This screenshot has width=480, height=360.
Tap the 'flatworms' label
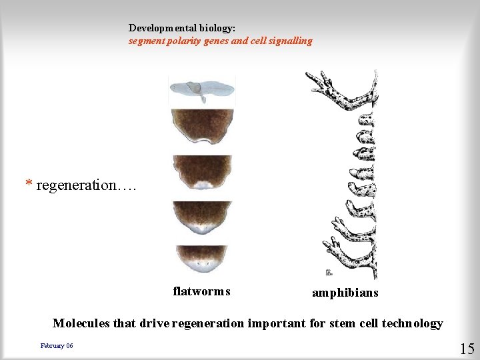coord(201,291)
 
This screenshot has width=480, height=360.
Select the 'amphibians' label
coord(345,293)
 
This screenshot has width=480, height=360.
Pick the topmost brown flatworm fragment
coord(201,127)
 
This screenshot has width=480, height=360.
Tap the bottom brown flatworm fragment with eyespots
coord(201,259)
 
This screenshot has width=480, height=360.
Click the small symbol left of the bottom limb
coord(328,272)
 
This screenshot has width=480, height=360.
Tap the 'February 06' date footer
coord(57,345)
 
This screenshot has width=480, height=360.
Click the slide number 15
coord(467,348)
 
